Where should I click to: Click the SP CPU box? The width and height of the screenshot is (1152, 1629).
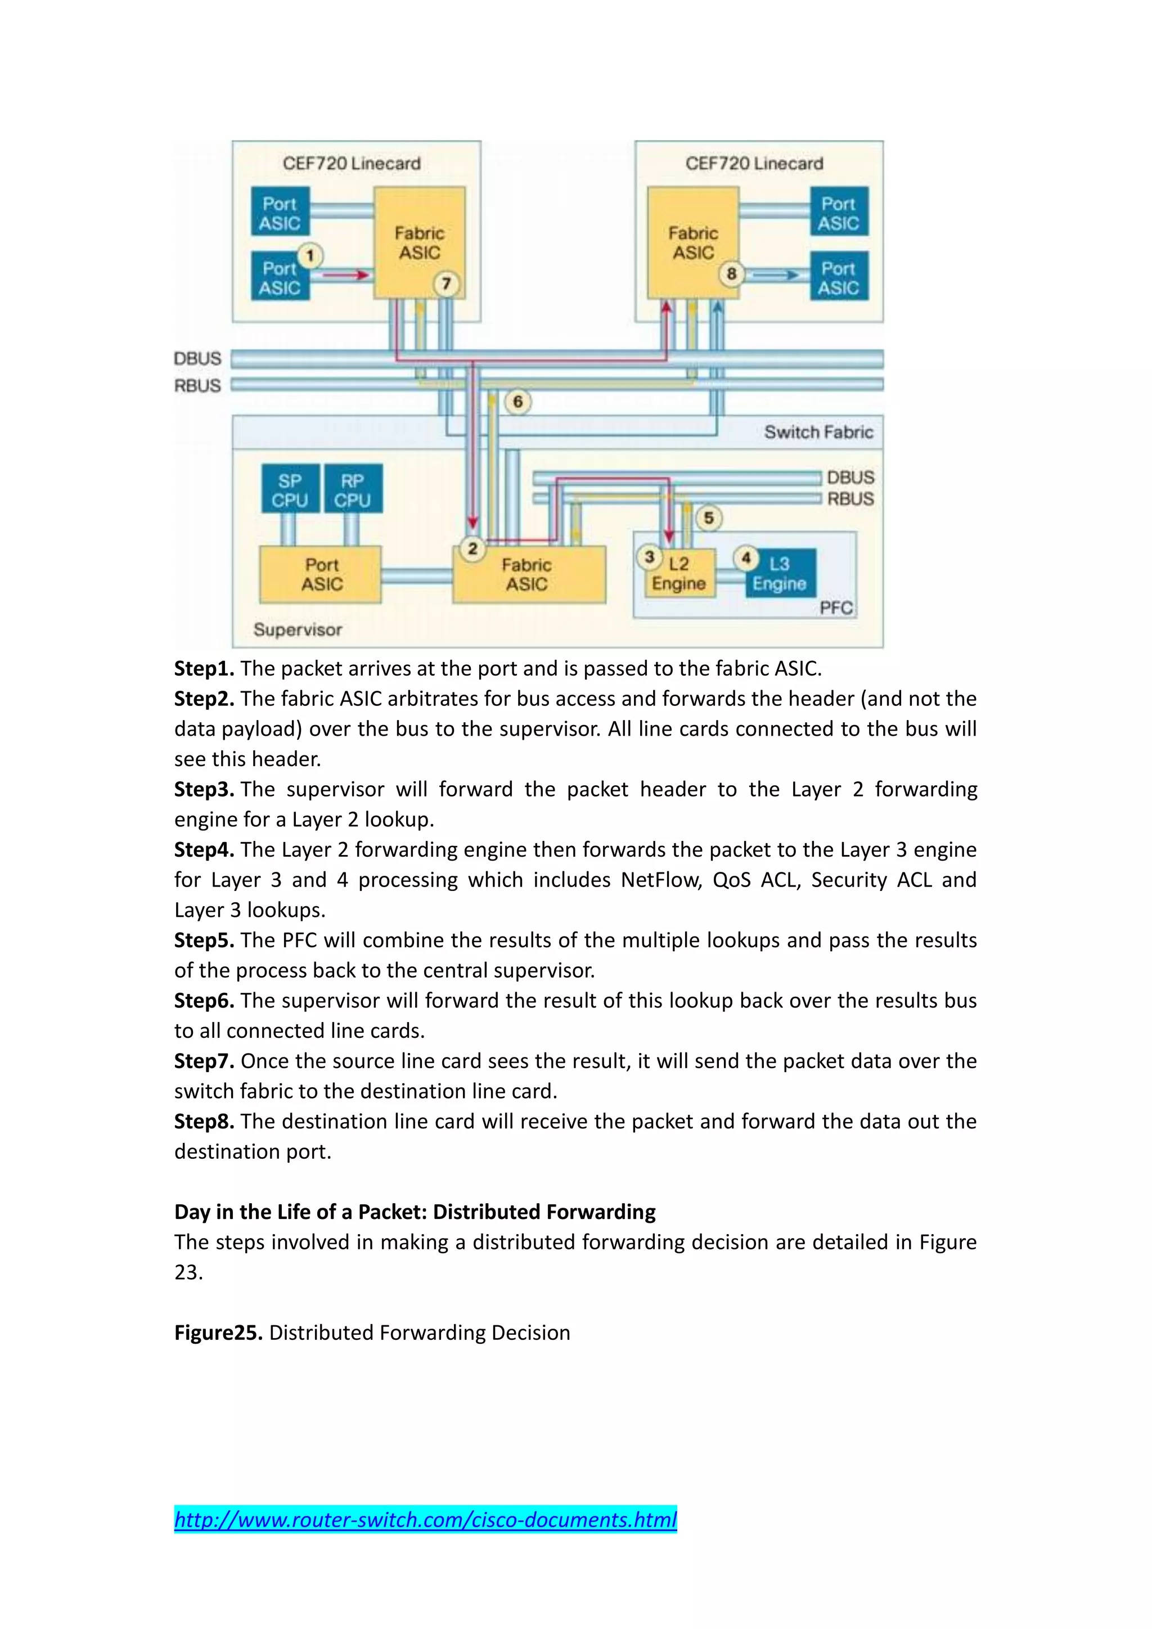(x=290, y=489)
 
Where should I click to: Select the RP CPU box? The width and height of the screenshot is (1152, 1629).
(x=353, y=489)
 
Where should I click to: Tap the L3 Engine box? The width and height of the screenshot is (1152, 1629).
(x=780, y=573)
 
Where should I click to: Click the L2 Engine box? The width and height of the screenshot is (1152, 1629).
(x=679, y=573)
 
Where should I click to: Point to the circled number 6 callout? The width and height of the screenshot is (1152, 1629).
(x=518, y=402)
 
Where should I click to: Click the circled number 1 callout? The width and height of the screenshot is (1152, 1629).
(x=310, y=255)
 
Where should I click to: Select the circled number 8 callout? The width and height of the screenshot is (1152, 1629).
(x=731, y=274)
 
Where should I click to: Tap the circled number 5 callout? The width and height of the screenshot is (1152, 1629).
(x=709, y=518)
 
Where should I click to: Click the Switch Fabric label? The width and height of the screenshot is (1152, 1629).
(x=818, y=432)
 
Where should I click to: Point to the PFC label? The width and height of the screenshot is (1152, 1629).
(x=836, y=607)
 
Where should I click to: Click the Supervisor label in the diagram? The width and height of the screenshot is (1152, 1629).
(x=297, y=629)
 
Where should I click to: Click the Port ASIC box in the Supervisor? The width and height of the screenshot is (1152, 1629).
(x=321, y=575)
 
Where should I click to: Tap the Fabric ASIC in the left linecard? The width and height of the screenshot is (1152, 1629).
(x=419, y=242)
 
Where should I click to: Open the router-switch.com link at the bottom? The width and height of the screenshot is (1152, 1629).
(x=426, y=1519)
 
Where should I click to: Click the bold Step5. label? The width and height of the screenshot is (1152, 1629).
(x=204, y=940)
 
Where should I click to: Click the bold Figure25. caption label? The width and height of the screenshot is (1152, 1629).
(x=218, y=1333)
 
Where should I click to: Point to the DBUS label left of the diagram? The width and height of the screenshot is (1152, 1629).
(x=197, y=358)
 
